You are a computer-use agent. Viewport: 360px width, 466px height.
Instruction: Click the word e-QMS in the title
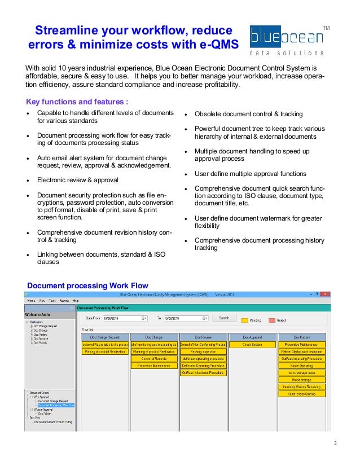click(217, 43)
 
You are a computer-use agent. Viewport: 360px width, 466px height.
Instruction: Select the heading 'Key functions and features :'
click(77, 102)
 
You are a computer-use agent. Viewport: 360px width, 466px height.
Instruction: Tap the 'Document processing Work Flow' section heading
click(87, 285)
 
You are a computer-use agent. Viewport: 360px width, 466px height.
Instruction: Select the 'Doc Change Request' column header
click(105, 337)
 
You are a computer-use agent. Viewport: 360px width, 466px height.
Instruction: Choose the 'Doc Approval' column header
click(252, 337)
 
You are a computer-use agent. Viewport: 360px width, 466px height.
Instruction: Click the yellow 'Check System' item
click(252, 344)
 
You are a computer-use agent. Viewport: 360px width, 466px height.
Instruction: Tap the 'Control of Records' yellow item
click(154, 358)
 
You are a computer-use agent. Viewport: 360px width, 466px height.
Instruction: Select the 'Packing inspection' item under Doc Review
click(203, 351)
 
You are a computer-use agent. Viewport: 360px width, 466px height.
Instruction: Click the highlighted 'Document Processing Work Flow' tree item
click(56, 405)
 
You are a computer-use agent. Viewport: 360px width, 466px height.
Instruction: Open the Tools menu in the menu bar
click(52, 301)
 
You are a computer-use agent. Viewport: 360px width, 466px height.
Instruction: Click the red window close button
click(326, 294)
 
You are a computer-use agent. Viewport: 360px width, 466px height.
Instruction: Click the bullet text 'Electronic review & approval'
click(78, 180)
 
